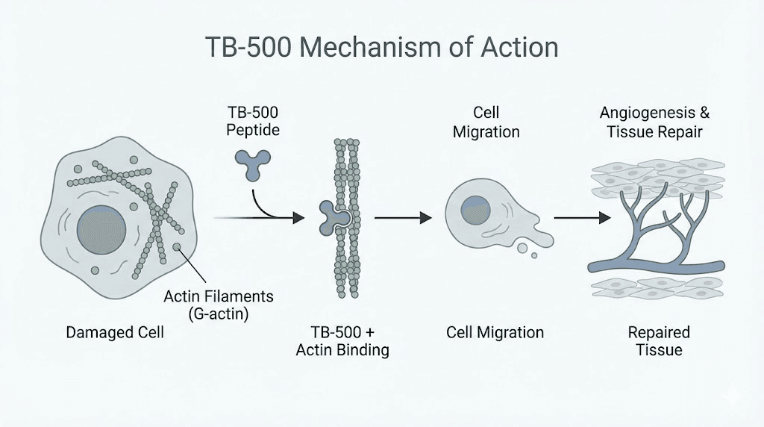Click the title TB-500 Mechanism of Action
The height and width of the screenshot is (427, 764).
pyautogui.click(x=381, y=47)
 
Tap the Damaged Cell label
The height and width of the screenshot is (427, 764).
pyautogui.click(x=115, y=332)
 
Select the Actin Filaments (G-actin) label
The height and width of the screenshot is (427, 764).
pyautogui.click(x=218, y=305)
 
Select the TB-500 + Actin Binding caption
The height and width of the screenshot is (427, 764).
pyautogui.click(x=342, y=340)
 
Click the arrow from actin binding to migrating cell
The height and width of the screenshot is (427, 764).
pyautogui.click(x=403, y=218)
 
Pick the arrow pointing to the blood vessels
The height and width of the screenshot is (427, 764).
pyautogui.click(x=581, y=218)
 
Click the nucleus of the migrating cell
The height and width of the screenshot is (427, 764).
pyautogui.click(x=475, y=210)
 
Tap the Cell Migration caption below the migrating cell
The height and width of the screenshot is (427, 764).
pyautogui.click(x=495, y=332)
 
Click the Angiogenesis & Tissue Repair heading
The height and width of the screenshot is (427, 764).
pyautogui.click(x=654, y=122)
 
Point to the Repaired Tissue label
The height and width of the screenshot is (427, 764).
pyautogui.click(x=658, y=340)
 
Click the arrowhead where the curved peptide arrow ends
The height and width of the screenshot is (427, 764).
pyautogui.click(x=298, y=218)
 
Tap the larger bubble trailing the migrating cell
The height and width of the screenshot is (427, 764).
pyautogui.click(x=522, y=247)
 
